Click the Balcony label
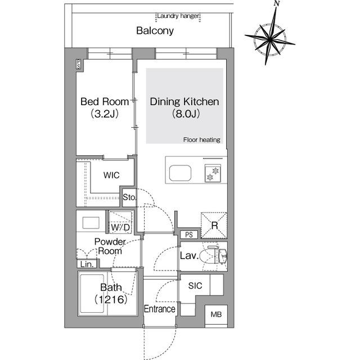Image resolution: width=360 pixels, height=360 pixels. [154, 31]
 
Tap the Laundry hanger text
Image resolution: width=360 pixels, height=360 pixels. [178, 16]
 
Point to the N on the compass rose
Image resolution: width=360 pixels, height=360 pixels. [276, 4]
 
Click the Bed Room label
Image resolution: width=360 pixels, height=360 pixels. [104, 102]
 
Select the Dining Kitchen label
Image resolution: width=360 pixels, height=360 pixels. [183, 102]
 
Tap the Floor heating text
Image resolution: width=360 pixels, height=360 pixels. [201, 139]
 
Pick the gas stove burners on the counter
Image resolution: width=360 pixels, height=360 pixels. [213, 173]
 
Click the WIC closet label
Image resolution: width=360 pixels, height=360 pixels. [111, 175]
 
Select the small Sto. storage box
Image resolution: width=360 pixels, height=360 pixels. [129, 197]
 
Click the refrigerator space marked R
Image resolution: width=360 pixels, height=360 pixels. [214, 224]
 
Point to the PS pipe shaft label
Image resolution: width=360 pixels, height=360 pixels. [189, 235]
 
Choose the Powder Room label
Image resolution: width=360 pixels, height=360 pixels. [110, 246]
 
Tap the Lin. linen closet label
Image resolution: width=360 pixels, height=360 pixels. [87, 263]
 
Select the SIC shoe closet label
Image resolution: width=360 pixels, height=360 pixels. [195, 286]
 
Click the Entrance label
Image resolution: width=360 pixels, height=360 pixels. [160, 309]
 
